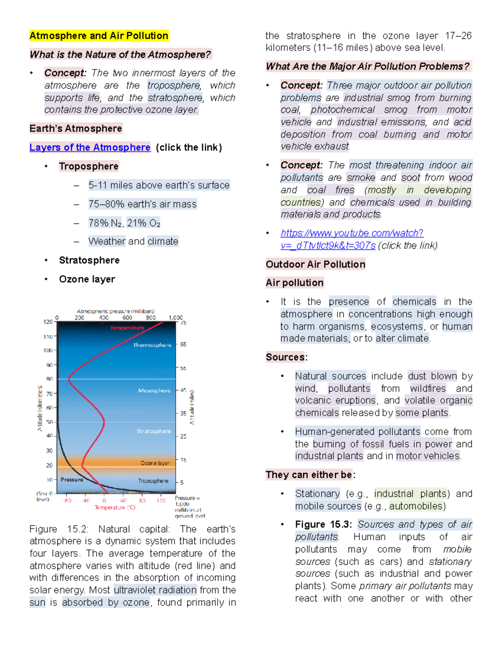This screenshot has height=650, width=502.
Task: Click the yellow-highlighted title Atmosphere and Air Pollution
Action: (99, 36)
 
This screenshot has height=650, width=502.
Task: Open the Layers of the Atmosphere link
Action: (90, 147)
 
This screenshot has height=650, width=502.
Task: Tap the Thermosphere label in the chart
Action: (152, 345)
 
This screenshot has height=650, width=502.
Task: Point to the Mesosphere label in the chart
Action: (154, 391)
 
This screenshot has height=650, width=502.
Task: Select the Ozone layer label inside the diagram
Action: (155, 463)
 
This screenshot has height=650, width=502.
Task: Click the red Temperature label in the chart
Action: (127, 328)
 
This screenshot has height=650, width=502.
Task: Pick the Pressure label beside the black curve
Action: (72, 480)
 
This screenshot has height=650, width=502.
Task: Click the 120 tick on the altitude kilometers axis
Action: (48, 322)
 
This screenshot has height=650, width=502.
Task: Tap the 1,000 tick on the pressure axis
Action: (175, 318)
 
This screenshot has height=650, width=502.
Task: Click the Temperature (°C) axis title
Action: (115, 508)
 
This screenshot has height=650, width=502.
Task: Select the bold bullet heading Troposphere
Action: (89, 166)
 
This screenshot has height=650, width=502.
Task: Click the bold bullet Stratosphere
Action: (89, 260)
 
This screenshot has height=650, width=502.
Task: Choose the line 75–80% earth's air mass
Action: (142, 204)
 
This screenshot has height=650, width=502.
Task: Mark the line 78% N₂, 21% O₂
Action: (124, 223)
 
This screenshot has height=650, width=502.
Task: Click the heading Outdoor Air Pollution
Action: (315, 265)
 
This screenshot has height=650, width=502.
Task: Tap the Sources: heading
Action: (287, 357)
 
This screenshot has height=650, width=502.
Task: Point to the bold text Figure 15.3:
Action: (323, 524)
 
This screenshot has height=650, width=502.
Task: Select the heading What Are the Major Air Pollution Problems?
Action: (368, 67)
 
